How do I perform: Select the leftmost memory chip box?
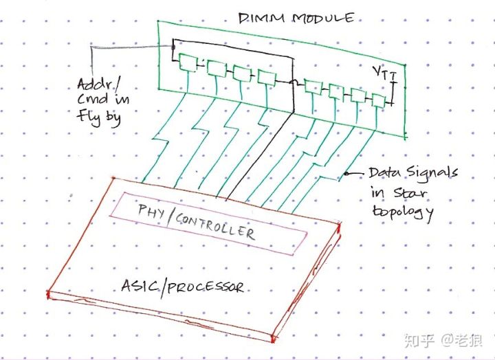(x=186, y=62)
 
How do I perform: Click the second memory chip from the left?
(x=214, y=68)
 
